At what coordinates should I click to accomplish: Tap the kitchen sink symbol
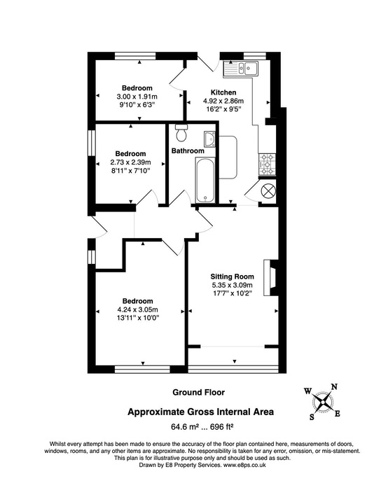tap(241, 68)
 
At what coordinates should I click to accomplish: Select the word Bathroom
tap(188, 151)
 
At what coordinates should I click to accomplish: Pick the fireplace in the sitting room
tap(268, 276)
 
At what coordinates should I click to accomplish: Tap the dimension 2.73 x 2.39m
tap(131, 162)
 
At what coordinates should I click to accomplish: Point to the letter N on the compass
tap(334, 386)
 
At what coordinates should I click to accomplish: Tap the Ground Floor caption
tap(198, 393)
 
